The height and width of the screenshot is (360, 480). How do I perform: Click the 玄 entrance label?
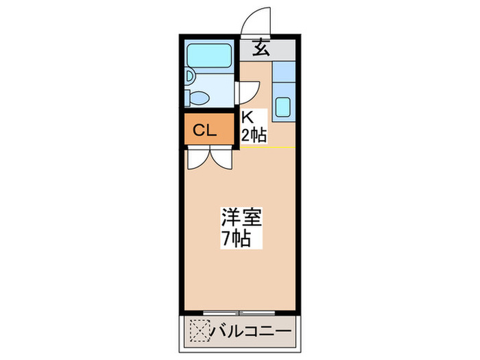coord(260,49)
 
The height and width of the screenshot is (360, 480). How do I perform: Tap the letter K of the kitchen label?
coord(245,118)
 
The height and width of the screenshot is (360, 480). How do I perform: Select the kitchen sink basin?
coord(283,107)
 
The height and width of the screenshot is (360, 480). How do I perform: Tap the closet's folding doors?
coord(211,157)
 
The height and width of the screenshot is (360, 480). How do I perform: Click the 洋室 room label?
coord(239,218)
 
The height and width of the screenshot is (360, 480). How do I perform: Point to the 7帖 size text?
coord(235,239)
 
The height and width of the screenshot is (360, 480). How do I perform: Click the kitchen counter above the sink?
coord(283,75)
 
